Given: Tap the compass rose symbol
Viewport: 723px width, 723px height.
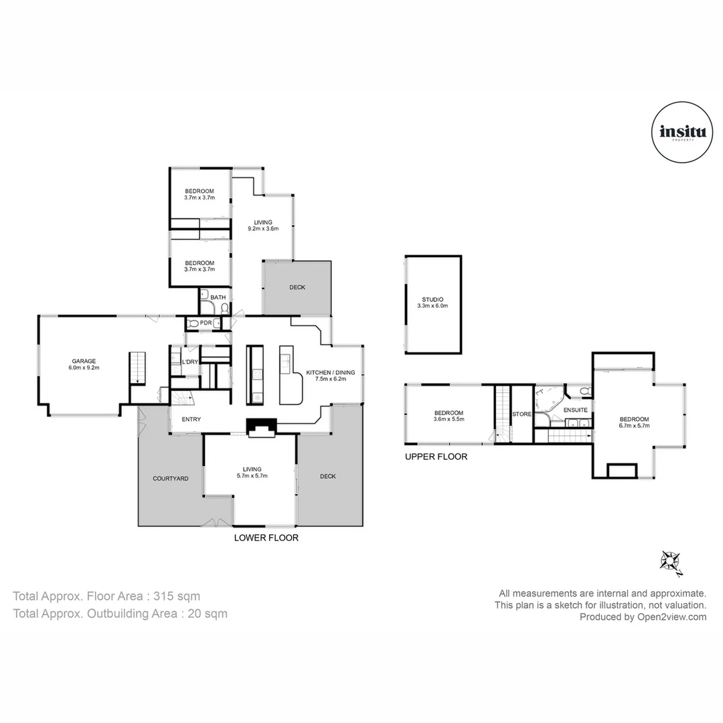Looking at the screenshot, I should point(671,561).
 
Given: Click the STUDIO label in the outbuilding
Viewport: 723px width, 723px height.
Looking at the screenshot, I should point(432,299).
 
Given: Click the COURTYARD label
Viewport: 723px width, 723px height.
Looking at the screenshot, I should point(170,479).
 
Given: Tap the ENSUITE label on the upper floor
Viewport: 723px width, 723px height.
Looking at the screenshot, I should point(575,410).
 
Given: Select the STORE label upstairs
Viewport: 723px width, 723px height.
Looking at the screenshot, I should point(521,414).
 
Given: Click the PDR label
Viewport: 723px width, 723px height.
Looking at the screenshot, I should point(206,323).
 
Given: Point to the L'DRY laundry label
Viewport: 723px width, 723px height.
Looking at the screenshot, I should point(190,362).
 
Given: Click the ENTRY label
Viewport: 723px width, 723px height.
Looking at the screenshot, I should point(190,420).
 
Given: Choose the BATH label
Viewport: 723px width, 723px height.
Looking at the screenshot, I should point(218,297).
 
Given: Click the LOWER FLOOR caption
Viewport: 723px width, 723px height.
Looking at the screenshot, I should point(266,538).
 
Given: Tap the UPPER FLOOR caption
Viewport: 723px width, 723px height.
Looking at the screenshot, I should point(436,457).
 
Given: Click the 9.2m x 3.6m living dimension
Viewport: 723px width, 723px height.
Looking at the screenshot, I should point(262,229).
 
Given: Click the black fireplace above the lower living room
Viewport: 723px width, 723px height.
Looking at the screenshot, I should point(261,427).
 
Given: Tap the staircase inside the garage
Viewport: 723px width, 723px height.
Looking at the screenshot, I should point(137,368).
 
